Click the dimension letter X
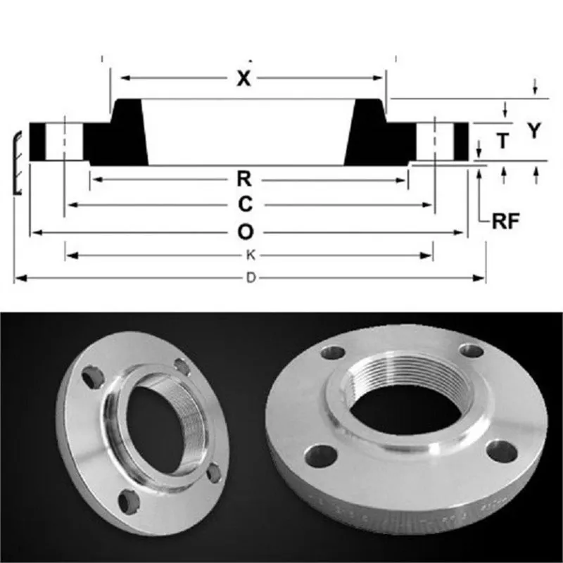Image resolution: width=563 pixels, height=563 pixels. (x=243, y=79)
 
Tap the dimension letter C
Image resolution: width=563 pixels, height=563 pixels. (x=244, y=205)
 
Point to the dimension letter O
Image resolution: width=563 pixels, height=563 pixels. (x=244, y=232)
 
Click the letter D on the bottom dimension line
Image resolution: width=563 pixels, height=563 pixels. (x=250, y=279)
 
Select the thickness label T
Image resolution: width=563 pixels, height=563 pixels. (x=502, y=141)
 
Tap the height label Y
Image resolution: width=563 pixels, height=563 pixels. (x=536, y=131)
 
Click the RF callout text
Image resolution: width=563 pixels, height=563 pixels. (x=505, y=222)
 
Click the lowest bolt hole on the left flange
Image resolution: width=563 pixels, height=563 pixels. (x=128, y=501)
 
